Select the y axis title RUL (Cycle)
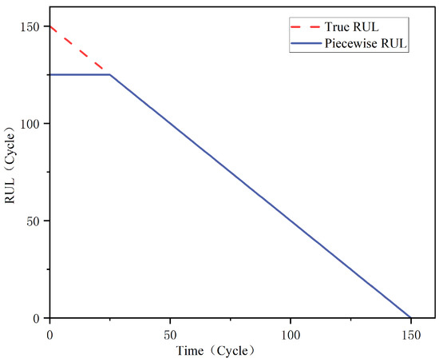(x=11, y=164)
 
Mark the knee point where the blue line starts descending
(x=110, y=74)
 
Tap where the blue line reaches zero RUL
(x=410, y=318)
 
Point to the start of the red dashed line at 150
(x=50, y=26)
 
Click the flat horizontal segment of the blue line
(x=80, y=74)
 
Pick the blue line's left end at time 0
(x=50, y=74)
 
